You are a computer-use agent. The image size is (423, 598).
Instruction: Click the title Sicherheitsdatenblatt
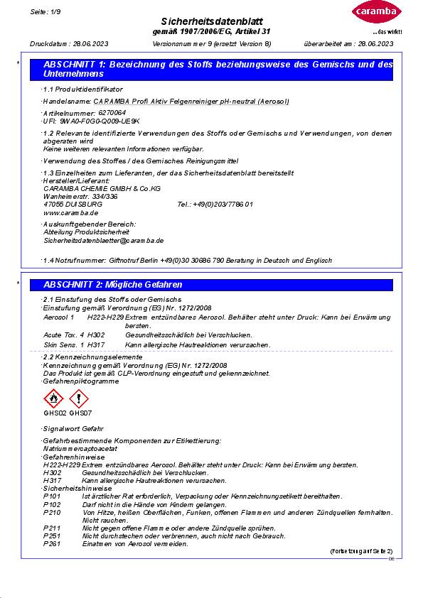pos(211,21)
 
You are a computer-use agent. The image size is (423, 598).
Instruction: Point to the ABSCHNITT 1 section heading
pos(218,69)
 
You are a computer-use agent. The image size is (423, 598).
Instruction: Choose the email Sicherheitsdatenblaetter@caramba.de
pos(104,241)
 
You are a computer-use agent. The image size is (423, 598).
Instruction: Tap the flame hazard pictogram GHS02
pos(54,399)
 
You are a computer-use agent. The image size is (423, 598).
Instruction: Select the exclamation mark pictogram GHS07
pos(80,399)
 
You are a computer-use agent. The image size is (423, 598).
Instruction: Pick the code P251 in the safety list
pos(52,536)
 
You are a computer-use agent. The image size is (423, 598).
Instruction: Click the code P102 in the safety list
pos(52,504)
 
